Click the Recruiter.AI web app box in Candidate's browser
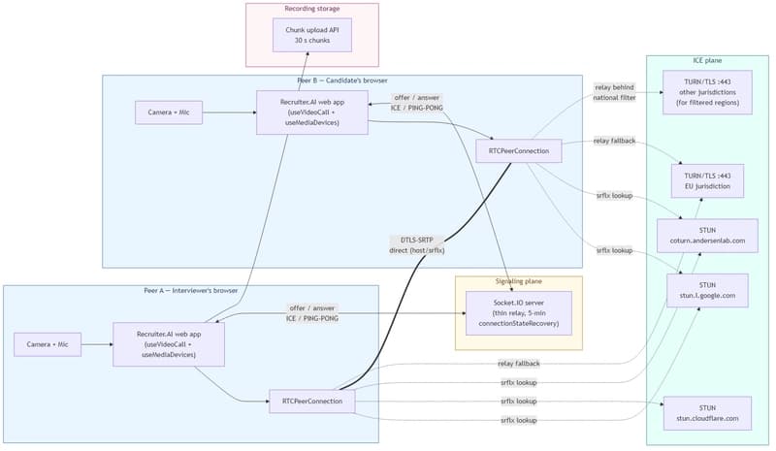pos(311,112)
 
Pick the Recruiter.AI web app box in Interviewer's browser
pos(169,343)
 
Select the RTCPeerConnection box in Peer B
pos(519,150)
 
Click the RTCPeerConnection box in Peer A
pos(311,400)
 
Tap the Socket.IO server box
pos(519,312)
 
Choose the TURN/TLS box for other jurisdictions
pos(705,92)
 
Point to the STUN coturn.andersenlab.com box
pos(705,234)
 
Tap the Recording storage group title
pos(311,10)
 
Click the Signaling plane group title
pos(519,281)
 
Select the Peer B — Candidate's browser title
pos(341,80)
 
